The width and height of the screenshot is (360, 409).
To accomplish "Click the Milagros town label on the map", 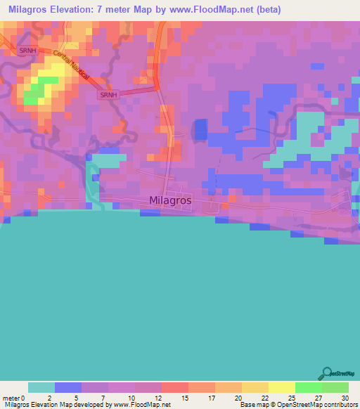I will [170, 200].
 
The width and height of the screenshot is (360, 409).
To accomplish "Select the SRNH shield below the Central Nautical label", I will [108, 94].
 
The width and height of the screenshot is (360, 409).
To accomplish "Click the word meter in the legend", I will [11, 397].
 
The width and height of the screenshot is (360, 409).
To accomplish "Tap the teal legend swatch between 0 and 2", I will [41, 387].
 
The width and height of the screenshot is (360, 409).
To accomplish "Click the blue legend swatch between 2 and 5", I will [68, 387].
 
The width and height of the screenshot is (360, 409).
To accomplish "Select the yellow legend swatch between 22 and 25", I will [281, 387].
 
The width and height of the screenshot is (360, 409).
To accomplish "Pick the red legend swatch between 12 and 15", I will [175, 387].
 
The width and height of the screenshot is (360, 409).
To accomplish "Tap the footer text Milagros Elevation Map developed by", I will [56, 404].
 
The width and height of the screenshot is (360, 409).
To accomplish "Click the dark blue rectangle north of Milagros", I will [200, 129].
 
